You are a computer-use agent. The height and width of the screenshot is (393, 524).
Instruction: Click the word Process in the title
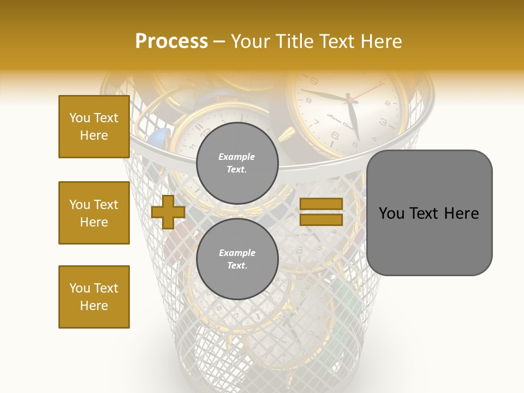point(171,41)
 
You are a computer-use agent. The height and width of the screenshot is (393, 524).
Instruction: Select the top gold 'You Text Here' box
point(94,127)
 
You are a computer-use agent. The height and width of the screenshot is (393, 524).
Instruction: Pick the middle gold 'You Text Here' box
point(94,213)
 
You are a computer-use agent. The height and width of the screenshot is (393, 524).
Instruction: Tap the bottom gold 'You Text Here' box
point(94,297)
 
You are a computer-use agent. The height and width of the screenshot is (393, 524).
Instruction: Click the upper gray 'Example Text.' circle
point(237,163)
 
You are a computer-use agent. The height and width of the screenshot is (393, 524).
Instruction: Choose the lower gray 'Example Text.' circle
point(237,259)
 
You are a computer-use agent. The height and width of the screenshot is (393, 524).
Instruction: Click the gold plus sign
point(168,212)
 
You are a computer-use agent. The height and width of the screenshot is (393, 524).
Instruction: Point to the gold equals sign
point(321,212)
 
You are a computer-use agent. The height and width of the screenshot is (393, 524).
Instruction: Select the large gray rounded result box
point(429,212)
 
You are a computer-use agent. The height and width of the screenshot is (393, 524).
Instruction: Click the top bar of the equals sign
point(321,204)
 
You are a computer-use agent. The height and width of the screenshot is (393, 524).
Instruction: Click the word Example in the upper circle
point(237,157)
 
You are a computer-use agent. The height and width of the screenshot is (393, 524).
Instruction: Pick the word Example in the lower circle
point(237,253)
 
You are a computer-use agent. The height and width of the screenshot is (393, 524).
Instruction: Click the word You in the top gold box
point(79,118)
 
